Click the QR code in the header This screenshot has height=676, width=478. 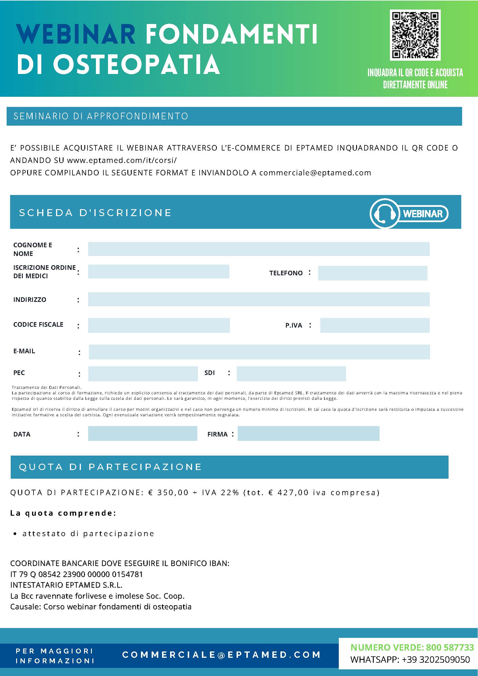click(415, 35)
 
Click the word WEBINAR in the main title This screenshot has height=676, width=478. click(76, 34)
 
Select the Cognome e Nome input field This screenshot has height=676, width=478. click(258, 249)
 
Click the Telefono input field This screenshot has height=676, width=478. click(372, 273)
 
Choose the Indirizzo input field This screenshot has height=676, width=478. click(258, 299)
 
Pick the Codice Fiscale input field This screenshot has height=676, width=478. click(159, 325)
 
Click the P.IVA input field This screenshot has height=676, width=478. click(375, 325)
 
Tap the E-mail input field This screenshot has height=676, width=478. click(259, 352)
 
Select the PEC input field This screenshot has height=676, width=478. click(143, 374)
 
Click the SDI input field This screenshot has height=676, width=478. click(291, 374)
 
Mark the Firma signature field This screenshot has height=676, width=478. click(308, 433)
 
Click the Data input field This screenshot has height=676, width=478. click(142, 433)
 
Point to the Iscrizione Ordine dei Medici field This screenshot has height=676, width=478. click(158, 272)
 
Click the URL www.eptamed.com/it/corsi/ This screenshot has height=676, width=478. click(122, 160)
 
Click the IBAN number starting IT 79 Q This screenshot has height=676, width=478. click(77, 574)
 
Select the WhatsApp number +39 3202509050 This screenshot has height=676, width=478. click(436, 660)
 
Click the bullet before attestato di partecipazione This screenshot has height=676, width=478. click(15, 534)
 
